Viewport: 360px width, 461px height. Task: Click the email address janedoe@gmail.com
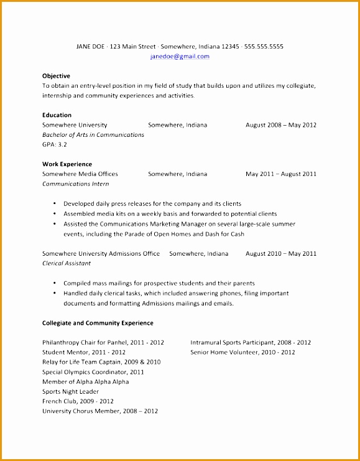180,57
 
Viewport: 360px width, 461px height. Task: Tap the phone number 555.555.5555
264,47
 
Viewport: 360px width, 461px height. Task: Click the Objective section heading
56,76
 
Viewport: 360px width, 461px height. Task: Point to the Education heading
57,115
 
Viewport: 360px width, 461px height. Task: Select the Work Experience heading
67,164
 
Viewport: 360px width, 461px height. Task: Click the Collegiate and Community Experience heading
98,323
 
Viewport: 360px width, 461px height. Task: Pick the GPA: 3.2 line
54,144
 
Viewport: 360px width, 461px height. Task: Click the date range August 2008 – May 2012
280,125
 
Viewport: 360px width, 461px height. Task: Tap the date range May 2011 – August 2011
280,174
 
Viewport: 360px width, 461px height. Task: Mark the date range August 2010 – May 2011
280,254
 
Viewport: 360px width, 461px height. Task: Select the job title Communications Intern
75,184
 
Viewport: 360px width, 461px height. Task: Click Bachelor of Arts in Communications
93,135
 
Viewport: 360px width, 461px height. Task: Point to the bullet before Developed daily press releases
55,204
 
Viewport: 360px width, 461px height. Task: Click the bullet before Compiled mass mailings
55,284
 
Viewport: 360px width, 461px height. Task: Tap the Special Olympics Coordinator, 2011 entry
93,372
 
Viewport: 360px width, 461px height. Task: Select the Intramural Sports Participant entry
251,342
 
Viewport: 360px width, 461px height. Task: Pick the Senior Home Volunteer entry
242,352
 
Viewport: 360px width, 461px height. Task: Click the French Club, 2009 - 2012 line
78,401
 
